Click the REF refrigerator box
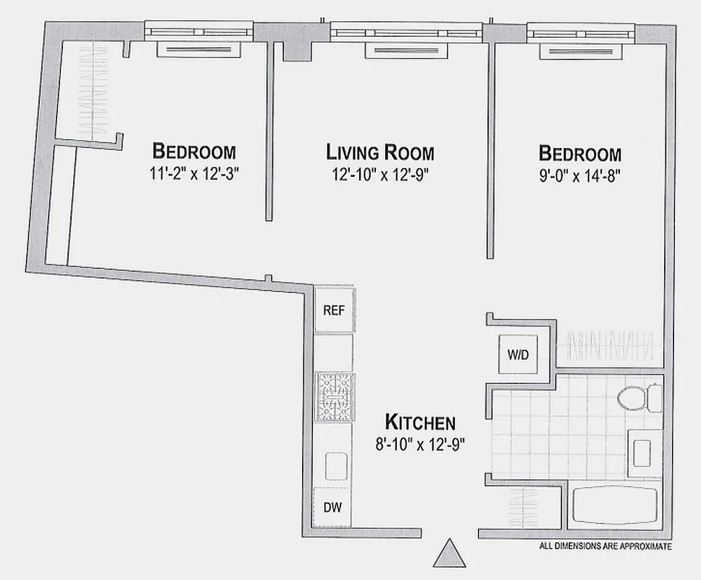(x=333, y=310)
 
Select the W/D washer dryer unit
(x=516, y=356)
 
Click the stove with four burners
(x=333, y=397)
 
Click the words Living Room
(x=380, y=152)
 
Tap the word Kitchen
(x=419, y=422)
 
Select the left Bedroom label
(x=194, y=152)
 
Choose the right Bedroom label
(x=579, y=154)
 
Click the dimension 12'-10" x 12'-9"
(x=380, y=174)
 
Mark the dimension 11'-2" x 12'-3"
(x=194, y=174)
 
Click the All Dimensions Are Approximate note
(x=605, y=547)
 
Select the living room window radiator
(x=406, y=49)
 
